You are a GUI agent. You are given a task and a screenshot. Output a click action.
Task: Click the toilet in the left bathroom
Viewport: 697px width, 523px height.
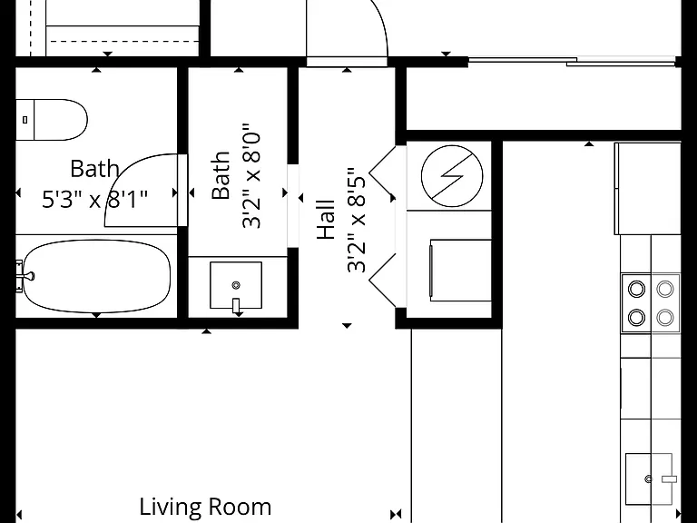(51, 120)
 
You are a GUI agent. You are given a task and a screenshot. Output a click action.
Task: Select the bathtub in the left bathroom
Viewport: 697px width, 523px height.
(96, 276)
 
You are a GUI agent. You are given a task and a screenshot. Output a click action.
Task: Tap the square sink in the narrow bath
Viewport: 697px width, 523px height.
(236, 285)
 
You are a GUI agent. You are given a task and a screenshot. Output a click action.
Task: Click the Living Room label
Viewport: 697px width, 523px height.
(205, 507)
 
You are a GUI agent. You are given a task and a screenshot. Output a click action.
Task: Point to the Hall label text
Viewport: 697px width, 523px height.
(326, 219)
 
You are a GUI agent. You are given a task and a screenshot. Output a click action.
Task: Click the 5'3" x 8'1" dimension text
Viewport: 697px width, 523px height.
(94, 199)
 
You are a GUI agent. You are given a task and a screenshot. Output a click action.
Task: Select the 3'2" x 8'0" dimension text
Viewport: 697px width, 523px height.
(251, 176)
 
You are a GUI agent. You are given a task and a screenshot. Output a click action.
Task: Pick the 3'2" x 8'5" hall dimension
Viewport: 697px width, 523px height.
(357, 220)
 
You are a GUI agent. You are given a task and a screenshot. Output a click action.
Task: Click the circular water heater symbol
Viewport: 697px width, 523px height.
(452, 176)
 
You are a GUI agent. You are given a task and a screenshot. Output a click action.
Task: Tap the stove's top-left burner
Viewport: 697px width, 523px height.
(636, 289)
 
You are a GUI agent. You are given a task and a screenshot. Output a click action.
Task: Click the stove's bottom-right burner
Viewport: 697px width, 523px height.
(665, 318)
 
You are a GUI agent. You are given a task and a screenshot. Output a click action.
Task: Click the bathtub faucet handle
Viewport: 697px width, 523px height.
(25, 276)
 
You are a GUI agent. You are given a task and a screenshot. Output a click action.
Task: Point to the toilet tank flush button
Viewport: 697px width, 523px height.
(25, 120)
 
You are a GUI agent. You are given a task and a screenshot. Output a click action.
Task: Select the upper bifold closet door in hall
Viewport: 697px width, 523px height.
(382, 168)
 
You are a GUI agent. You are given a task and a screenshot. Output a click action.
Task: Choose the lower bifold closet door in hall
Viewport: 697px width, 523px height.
(382, 280)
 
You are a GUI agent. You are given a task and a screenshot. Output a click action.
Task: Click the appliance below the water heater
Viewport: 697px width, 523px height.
(460, 271)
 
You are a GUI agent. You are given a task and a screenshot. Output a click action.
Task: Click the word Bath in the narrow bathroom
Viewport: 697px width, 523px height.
(221, 175)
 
